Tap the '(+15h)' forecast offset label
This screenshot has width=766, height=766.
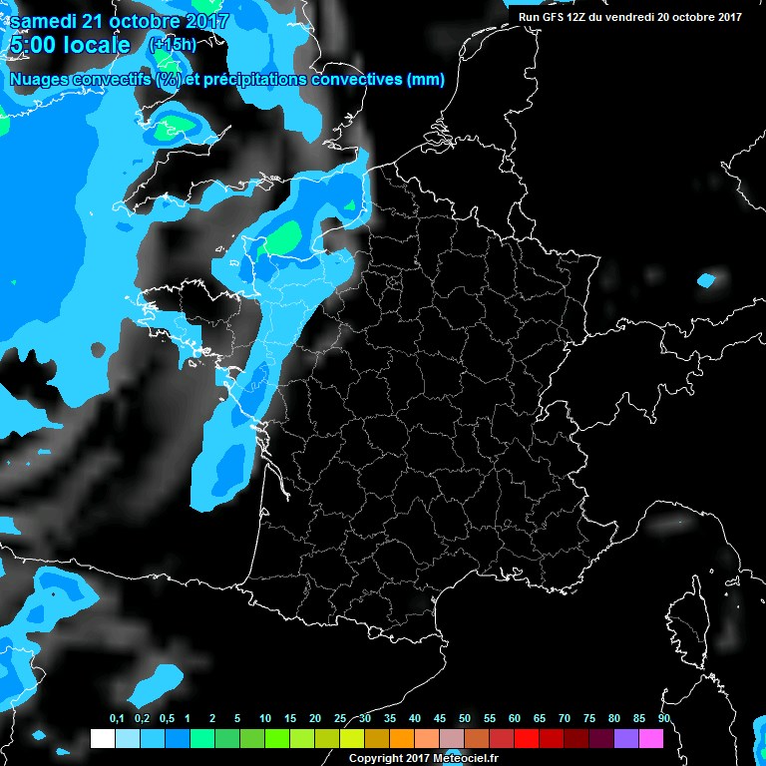click(x=173, y=45)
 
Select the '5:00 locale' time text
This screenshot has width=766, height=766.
click(x=69, y=46)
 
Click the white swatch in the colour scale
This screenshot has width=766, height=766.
click(x=102, y=738)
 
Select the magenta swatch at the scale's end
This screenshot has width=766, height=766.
click(x=651, y=738)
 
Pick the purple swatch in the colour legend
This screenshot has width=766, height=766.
click(x=626, y=738)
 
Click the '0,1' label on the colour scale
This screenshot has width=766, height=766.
click(x=116, y=718)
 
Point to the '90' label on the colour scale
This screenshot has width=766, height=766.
click(x=663, y=718)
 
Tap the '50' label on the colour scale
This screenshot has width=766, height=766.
click(x=464, y=718)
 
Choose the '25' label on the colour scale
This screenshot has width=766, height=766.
click(x=339, y=718)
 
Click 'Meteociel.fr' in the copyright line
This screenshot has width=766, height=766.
click(x=465, y=759)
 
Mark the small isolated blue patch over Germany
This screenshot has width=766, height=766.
click(x=706, y=280)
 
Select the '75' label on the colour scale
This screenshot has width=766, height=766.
click(x=588, y=718)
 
